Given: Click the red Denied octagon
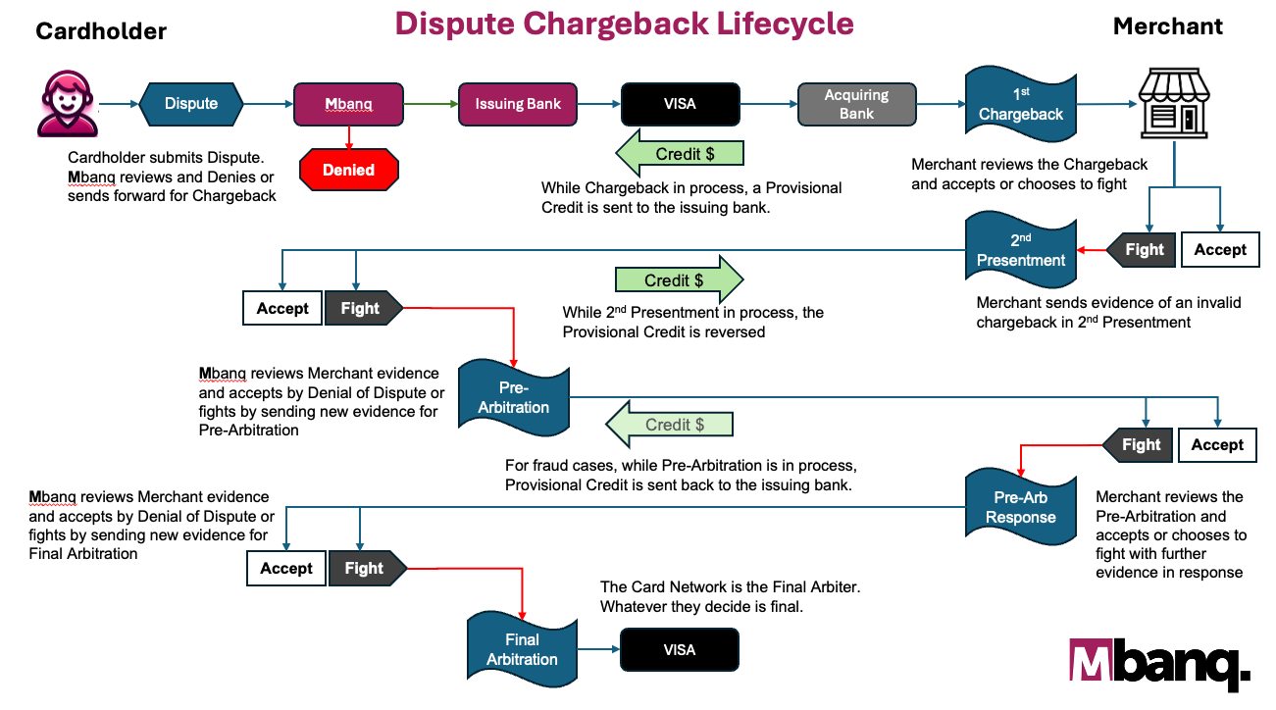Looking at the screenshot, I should [x=349, y=170].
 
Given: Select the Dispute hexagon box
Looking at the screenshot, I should [x=191, y=104].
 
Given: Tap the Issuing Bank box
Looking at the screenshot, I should [x=518, y=104].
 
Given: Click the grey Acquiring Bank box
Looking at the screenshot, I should [x=856, y=104].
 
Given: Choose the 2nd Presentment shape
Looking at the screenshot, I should [x=1021, y=250].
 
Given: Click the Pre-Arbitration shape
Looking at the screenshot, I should [x=514, y=397].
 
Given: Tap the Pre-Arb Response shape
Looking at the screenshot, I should [x=1021, y=507].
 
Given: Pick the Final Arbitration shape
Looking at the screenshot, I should [x=522, y=649].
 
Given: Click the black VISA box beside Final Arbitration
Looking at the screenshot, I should [x=679, y=649].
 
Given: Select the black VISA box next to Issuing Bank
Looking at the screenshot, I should [x=679, y=104].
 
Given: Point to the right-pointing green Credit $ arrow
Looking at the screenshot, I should [x=679, y=280].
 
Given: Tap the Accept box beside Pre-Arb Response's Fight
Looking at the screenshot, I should [x=1216, y=445].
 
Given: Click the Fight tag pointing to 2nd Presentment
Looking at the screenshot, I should [x=1141, y=250].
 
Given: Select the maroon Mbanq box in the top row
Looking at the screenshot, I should [x=349, y=104].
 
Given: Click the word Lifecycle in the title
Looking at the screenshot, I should [x=770, y=24].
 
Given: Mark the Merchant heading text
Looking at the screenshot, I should [x=1167, y=26].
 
